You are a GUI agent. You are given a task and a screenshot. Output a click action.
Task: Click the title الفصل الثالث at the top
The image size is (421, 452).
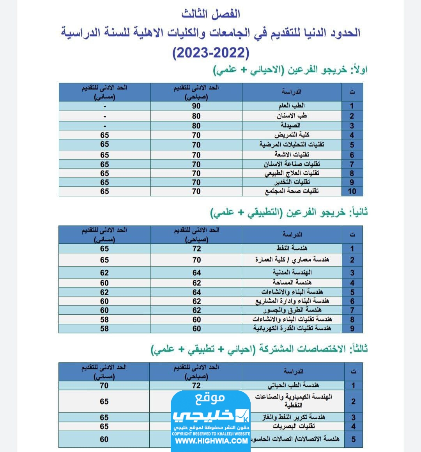[x=210, y=14]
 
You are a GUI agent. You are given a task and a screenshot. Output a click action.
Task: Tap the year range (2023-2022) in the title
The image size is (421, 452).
[x=210, y=52]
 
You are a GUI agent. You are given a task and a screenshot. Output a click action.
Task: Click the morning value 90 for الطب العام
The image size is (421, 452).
[x=196, y=106]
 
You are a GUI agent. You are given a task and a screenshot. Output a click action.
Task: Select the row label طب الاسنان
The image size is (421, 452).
[x=292, y=116]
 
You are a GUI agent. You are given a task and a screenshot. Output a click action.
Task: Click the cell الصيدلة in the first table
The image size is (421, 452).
[x=291, y=126]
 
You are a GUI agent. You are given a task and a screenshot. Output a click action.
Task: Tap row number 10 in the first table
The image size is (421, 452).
[x=352, y=191]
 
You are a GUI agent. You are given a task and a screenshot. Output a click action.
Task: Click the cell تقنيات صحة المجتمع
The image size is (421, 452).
[x=292, y=191]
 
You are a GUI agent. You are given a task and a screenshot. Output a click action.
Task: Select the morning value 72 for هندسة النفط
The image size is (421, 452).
[x=196, y=248]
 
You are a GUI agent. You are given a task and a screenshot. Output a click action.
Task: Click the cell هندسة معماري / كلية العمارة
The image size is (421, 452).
[x=292, y=260]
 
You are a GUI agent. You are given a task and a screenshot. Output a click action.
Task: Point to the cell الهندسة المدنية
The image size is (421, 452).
[x=292, y=273]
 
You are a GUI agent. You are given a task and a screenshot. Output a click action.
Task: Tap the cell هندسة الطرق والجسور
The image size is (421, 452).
[x=292, y=310]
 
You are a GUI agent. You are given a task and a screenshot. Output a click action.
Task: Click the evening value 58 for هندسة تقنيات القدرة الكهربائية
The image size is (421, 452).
[x=104, y=328]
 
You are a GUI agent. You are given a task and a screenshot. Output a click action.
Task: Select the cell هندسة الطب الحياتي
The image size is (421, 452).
[x=293, y=385]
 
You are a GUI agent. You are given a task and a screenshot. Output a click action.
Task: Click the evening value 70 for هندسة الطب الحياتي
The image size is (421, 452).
[x=104, y=385]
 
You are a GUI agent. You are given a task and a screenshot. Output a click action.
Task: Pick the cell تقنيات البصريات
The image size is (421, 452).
[x=293, y=426]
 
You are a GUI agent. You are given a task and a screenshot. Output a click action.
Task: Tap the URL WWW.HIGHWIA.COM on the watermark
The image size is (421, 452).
[x=211, y=441]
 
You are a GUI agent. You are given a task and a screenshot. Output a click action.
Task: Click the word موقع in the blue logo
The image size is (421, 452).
[x=210, y=398]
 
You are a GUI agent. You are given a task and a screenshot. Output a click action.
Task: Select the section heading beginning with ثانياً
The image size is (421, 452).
[x=289, y=213]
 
